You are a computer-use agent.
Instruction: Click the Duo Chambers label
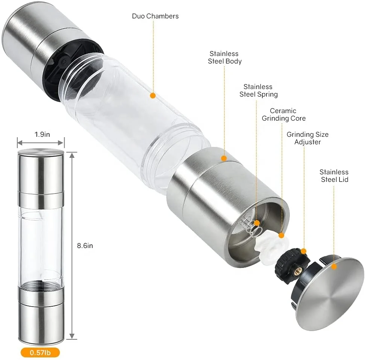tap(155, 16)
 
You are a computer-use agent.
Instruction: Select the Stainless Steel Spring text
tap(258, 91)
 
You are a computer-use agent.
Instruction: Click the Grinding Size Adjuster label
tap(307, 138)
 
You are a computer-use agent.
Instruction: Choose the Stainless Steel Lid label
tap(334, 175)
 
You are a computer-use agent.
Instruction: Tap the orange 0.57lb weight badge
tap(39, 352)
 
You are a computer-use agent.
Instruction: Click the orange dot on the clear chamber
tap(153, 95)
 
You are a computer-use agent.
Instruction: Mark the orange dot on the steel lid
tap(334, 266)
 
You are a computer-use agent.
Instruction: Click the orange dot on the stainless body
tap(224, 158)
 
